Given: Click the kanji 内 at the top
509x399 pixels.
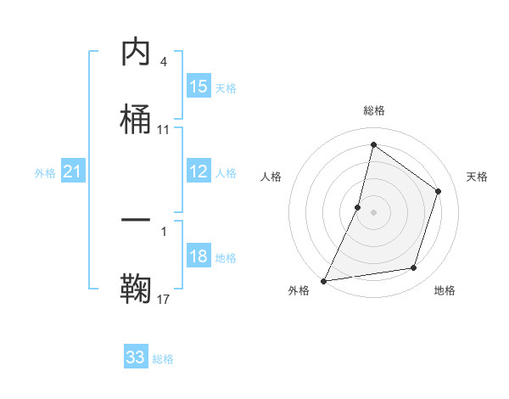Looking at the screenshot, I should (136, 53).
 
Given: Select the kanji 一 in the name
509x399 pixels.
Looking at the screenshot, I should (136, 221).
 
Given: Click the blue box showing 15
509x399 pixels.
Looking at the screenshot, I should (199, 87).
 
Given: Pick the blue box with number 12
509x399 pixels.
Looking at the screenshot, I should (199, 171).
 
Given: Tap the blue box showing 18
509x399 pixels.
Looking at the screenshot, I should (199, 257).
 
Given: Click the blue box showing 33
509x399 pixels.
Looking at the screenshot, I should (136, 357).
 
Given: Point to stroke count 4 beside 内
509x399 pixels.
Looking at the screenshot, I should (164, 62).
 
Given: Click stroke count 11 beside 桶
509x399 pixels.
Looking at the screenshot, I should (164, 130).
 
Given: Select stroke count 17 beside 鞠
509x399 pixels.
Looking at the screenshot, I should (164, 299).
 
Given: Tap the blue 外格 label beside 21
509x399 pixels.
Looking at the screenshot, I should (45, 173).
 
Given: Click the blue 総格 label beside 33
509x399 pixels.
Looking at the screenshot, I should (163, 359).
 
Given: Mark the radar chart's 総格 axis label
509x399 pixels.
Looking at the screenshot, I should (374, 110).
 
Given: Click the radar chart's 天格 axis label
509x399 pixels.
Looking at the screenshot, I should (478, 177).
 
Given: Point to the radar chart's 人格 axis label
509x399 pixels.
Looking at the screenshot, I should (271, 177).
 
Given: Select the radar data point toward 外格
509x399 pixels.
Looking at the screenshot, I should (323, 280).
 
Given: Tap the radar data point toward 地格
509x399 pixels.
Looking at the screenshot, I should (414, 268).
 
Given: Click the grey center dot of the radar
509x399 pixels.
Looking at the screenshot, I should (373, 211).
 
